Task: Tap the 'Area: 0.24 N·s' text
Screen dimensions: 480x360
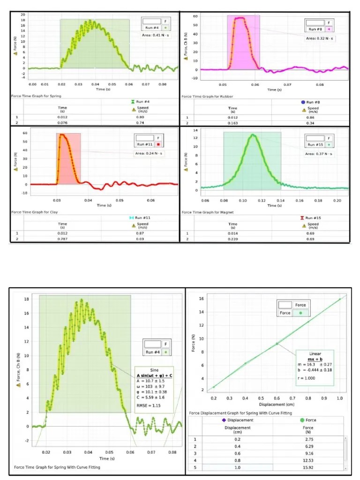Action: pos(150,153)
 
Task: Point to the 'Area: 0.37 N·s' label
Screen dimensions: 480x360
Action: pos(320,153)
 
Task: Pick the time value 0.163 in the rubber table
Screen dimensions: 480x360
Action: pos(232,123)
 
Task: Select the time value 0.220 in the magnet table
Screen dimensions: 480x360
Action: pos(232,239)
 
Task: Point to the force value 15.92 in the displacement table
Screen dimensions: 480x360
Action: pos(307,468)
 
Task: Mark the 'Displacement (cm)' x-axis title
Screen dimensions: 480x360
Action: pos(267,404)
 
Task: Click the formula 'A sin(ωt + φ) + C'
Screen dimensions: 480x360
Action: pos(154,375)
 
